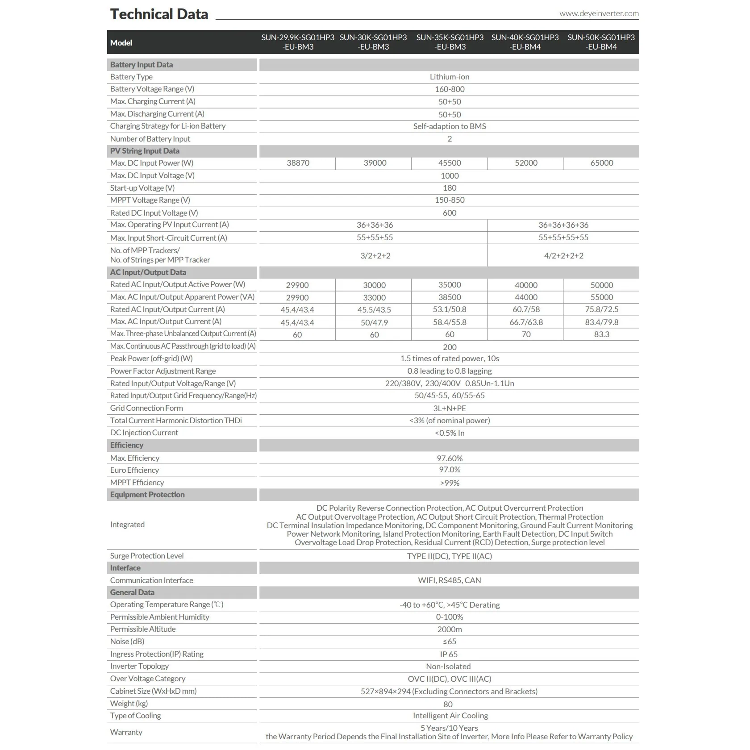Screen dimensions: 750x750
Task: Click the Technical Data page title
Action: pyautogui.click(x=159, y=14)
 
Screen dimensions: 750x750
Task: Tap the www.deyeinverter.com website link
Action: pyautogui.click(x=599, y=13)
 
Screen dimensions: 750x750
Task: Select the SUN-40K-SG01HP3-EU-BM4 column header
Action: pyautogui.click(x=525, y=42)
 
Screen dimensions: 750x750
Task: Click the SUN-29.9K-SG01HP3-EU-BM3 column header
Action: pyautogui.click(x=298, y=42)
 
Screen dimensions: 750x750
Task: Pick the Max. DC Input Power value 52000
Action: pyautogui.click(x=526, y=163)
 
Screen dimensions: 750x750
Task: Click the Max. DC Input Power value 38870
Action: pyautogui.click(x=298, y=163)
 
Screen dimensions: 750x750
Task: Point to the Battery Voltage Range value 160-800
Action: pyautogui.click(x=450, y=89)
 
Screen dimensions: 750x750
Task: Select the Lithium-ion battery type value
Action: pyautogui.click(x=450, y=77)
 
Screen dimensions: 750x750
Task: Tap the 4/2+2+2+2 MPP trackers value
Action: pyautogui.click(x=563, y=256)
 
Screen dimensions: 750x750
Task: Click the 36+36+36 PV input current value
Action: pyautogui.click(x=375, y=225)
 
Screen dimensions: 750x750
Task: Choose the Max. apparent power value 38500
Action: pyautogui.click(x=450, y=297)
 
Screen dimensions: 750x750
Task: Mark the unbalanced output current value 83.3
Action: pyautogui.click(x=601, y=334)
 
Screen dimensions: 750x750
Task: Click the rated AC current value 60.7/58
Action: pyautogui.click(x=526, y=309)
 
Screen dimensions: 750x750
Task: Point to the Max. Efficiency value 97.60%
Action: pyautogui.click(x=450, y=458)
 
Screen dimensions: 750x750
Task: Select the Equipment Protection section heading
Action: pyautogui.click(x=147, y=495)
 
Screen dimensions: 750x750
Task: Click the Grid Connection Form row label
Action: pyautogui.click(x=146, y=408)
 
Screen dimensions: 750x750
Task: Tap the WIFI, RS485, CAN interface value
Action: pyautogui.click(x=450, y=580)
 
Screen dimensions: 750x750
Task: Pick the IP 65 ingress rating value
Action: pyautogui.click(x=449, y=654)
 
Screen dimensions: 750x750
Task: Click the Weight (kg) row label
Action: pyautogui.click(x=129, y=704)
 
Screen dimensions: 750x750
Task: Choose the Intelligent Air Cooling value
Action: pyautogui.click(x=450, y=716)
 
